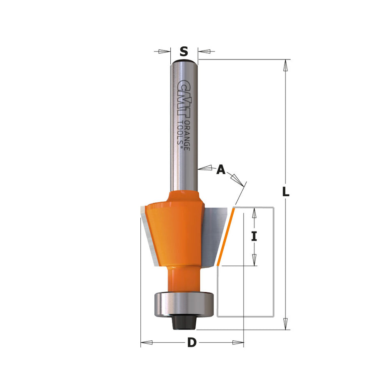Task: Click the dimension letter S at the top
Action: [x=184, y=52]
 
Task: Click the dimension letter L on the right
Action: [x=286, y=191]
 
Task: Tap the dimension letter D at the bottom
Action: [x=192, y=342]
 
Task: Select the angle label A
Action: [x=221, y=169]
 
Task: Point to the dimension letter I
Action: [x=254, y=236]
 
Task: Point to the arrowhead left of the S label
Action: [x=165, y=52]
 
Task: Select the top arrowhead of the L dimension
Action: [x=286, y=66]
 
